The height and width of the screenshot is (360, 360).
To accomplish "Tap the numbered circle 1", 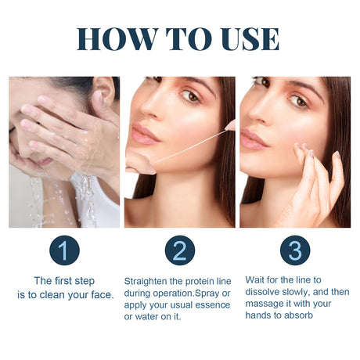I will pyautogui.click(x=64, y=250).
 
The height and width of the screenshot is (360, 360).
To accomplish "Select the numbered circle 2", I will pyautogui.click(x=179, y=250).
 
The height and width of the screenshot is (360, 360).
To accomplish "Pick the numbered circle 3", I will pyautogui.click(x=295, y=250).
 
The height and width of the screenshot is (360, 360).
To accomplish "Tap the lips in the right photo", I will pyautogui.click(x=254, y=139).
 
